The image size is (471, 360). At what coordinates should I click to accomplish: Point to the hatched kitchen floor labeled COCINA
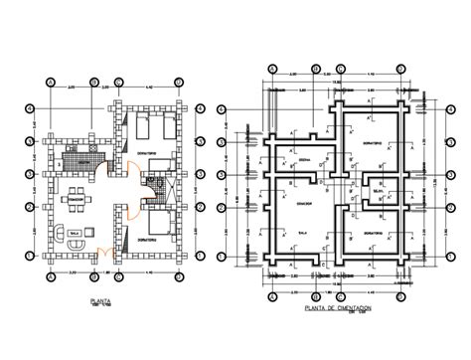(80, 155)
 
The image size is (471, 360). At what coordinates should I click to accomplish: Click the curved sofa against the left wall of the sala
(57, 235)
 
